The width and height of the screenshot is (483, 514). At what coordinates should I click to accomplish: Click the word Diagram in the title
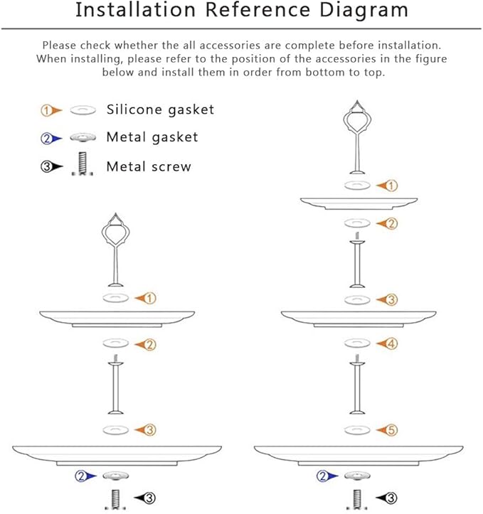(x=363, y=11)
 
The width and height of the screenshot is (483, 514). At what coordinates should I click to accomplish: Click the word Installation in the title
(x=135, y=9)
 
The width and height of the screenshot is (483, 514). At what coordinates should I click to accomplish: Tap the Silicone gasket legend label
(x=160, y=109)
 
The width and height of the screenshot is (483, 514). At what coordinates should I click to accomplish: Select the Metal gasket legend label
(x=152, y=137)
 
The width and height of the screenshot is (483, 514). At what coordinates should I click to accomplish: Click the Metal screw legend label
(x=149, y=166)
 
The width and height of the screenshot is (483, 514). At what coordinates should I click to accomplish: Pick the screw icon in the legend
(x=83, y=164)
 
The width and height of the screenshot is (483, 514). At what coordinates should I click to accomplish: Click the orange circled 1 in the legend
(x=46, y=110)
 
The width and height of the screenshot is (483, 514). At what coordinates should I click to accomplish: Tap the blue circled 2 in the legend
(x=46, y=139)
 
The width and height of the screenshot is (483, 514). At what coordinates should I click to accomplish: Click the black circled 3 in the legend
(x=46, y=167)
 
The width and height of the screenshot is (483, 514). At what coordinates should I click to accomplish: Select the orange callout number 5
(x=391, y=430)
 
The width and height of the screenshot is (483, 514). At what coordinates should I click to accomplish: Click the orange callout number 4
(x=391, y=344)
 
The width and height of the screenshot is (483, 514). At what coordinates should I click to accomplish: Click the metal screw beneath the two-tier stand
(x=115, y=499)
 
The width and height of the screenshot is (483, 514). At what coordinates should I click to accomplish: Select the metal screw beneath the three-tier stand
(x=357, y=499)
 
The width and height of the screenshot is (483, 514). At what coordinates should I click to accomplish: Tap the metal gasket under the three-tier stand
(x=357, y=476)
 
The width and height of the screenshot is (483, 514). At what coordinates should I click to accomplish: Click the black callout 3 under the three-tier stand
(x=391, y=498)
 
